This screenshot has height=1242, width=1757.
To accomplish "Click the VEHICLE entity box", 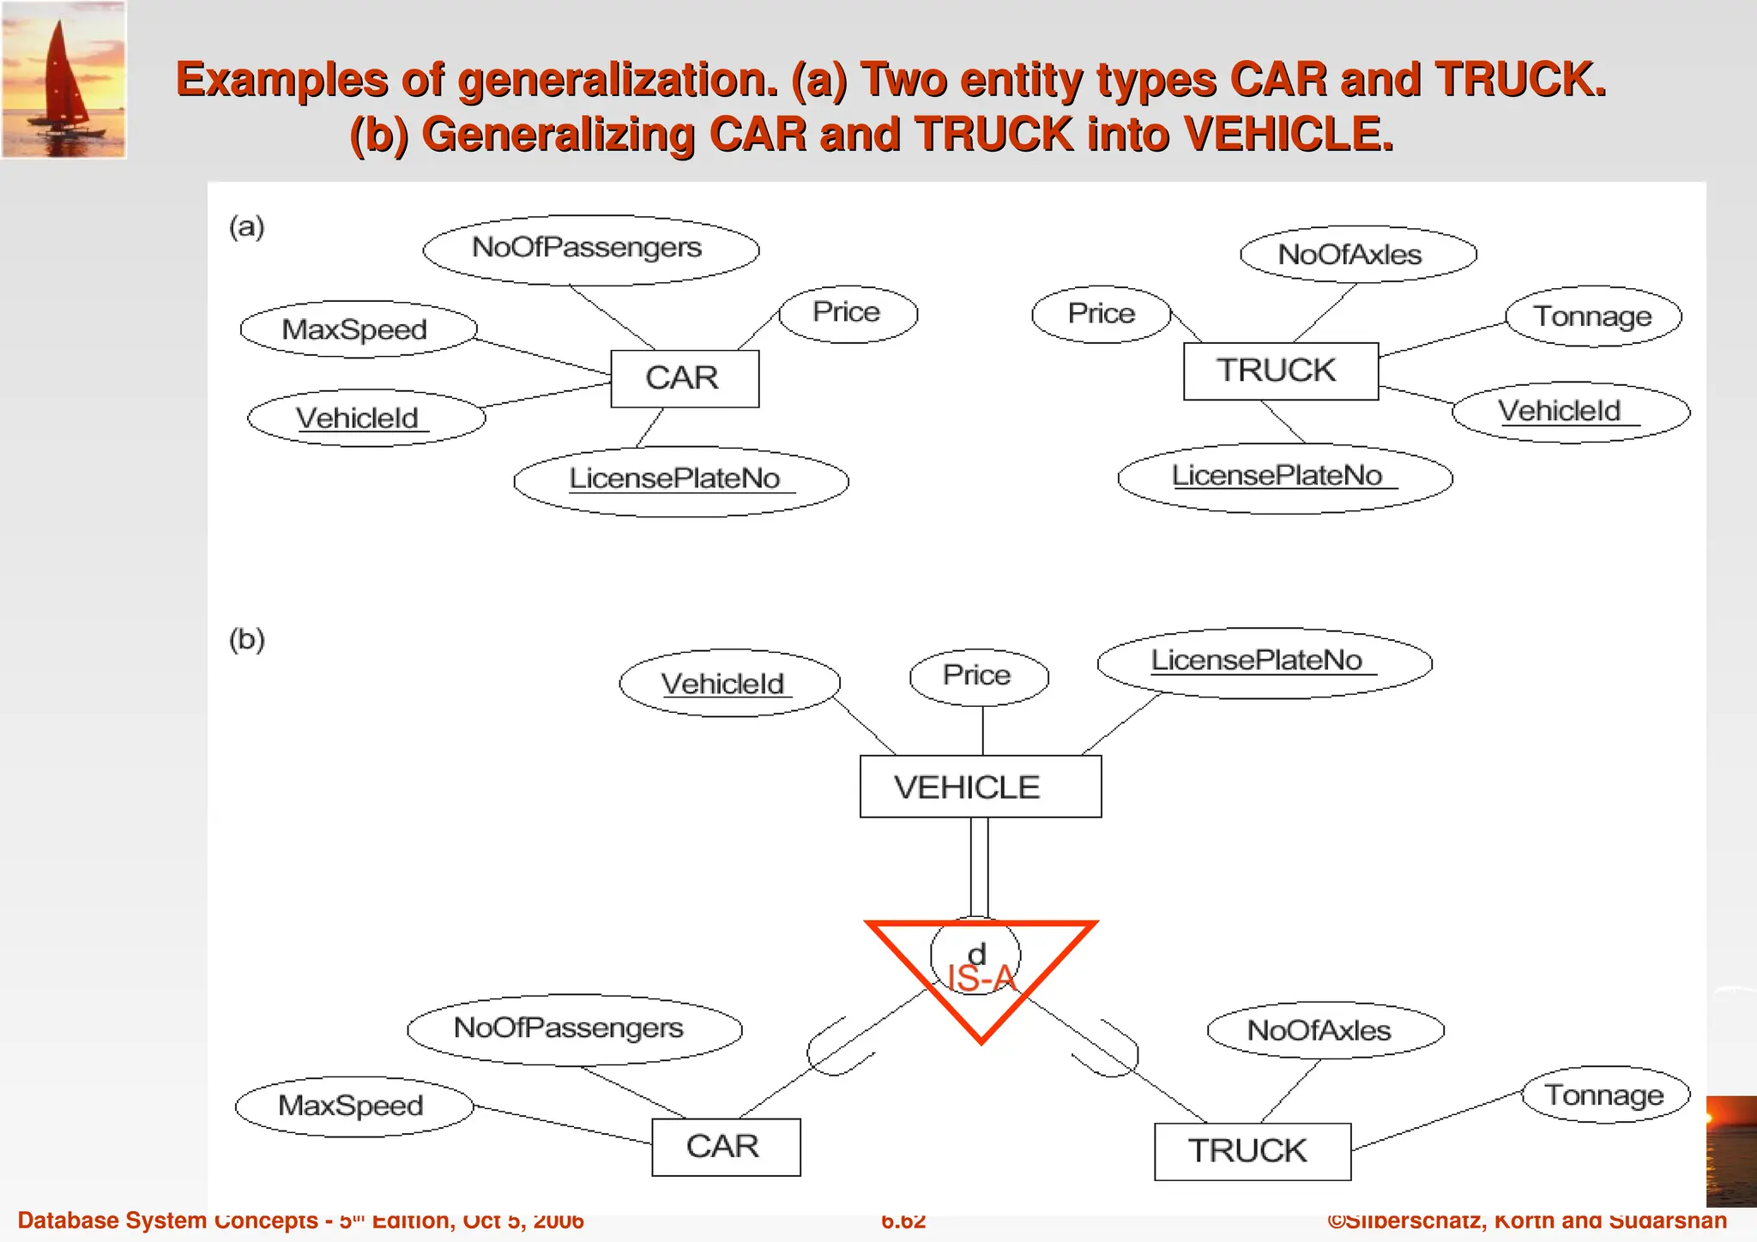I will pyautogui.click(x=980, y=787).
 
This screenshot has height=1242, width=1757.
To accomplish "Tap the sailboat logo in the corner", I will pyautogui.click(x=64, y=80).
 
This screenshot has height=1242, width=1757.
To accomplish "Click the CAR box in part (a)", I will pyautogui.click(x=684, y=378).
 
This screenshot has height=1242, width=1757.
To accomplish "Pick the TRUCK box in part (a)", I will pyautogui.click(x=1280, y=371).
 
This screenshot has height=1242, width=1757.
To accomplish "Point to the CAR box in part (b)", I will pyautogui.click(x=726, y=1147).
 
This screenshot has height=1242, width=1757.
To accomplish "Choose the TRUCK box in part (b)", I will pyautogui.click(x=1252, y=1151).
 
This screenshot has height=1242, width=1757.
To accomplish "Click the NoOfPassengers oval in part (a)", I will pyautogui.click(x=590, y=250).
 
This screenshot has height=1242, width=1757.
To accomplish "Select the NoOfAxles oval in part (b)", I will pyautogui.click(x=1325, y=1030).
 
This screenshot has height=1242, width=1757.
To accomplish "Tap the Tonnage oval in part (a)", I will pyautogui.click(x=1593, y=317).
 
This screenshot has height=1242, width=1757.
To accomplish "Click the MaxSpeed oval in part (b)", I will pyautogui.click(x=353, y=1106).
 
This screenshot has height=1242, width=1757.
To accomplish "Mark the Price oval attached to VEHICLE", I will pyautogui.click(x=979, y=676).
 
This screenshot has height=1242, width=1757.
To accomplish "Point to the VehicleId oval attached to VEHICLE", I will pyautogui.click(x=728, y=684).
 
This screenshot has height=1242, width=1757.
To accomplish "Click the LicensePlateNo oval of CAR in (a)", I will pyautogui.click(x=680, y=480).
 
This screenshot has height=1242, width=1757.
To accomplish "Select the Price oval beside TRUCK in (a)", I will pyautogui.click(x=1101, y=314).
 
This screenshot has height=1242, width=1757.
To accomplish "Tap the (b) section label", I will pyautogui.click(x=247, y=640).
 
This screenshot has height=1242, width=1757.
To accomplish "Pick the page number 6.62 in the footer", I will pyautogui.click(x=903, y=1221).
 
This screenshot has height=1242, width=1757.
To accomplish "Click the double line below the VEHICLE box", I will pyautogui.click(x=979, y=866).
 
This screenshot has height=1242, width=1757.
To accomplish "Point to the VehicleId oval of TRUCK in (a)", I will pyautogui.click(x=1570, y=412).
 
